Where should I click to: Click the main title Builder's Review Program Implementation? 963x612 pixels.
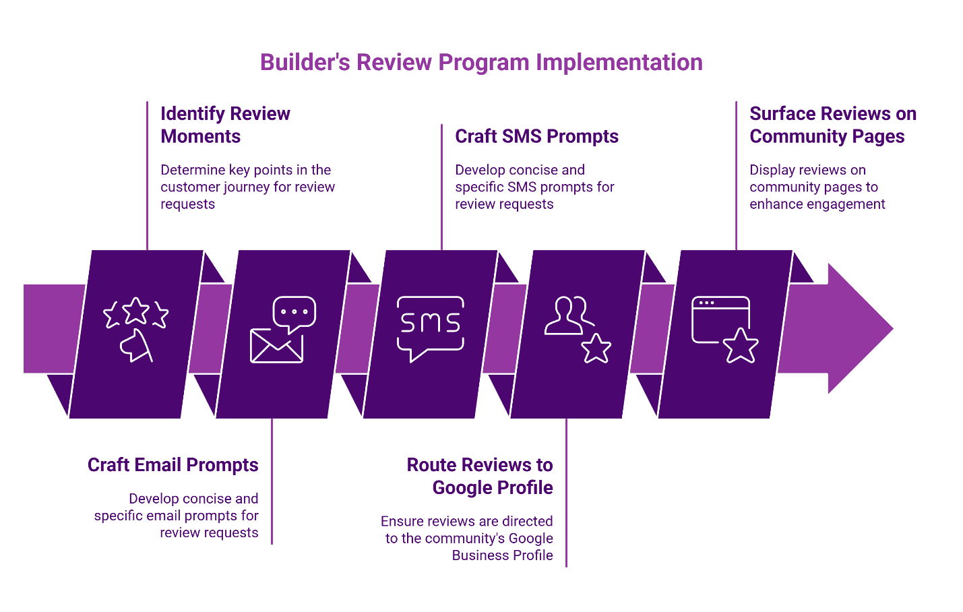pyautogui.click(x=481, y=62)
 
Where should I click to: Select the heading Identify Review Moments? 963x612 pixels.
pyautogui.click(x=225, y=125)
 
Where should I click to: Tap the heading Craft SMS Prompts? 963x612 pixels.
pyautogui.click(x=536, y=136)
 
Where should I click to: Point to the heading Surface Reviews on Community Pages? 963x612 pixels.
pyautogui.click(x=832, y=125)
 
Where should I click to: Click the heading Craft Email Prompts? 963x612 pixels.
pyautogui.click(x=173, y=465)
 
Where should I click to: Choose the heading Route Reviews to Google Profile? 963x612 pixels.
pyautogui.click(x=480, y=476)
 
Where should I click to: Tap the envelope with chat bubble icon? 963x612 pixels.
pyautogui.click(x=282, y=329)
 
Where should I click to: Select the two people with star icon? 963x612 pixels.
pyautogui.click(x=577, y=329)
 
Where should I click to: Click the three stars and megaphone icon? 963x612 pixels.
pyautogui.click(x=135, y=329)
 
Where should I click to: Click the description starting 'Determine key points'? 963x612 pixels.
pyautogui.click(x=247, y=187)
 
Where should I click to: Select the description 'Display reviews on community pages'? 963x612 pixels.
pyautogui.click(x=817, y=187)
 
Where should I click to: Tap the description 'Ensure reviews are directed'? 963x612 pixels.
pyautogui.click(x=468, y=538)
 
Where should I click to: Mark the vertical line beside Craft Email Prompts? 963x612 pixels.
pyautogui.click(x=272, y=482)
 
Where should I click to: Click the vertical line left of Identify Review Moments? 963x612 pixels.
pyautogui.click(x=147, y=175)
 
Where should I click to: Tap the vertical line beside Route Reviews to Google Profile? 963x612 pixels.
pyautogui.click(x=566, y=492)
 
